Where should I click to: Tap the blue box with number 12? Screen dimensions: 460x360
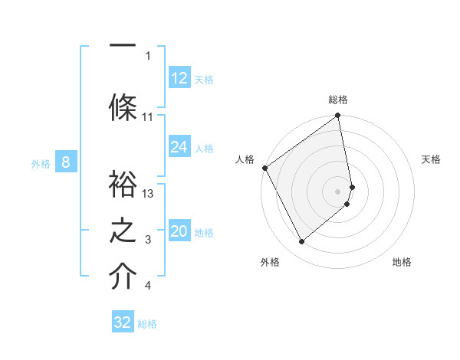pyautogui.click(x=179, y=78)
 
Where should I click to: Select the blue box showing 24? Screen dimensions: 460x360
pyautogui.click(x=179, y=147)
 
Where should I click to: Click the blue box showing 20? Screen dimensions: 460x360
pyautogui.click(x=179, y=232)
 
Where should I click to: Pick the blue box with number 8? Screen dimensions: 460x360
pyautogui.click(x=66, y=162)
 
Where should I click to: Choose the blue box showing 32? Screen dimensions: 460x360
pyautogui.click(x=123, y=322)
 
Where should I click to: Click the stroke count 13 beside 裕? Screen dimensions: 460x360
pyautogui.click(x=148, y=194)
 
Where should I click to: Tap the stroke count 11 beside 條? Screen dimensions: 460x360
pyautogui.click(x=148, y=117)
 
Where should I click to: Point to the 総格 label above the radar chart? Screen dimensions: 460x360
pyautogui.click(x=338, y=100)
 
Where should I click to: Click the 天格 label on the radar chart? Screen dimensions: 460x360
pyautogui.click(x=431, y=159)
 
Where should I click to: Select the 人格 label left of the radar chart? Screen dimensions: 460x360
pyautogui.click(x=245, y=159)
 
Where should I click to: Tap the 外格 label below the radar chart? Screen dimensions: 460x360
pyautogui.click(x=270, y=262)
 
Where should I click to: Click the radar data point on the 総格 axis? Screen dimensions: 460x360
pyautogui.click(x=338, y=116)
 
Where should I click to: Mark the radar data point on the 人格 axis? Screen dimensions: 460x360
pyautogui.click(x=264, y=168)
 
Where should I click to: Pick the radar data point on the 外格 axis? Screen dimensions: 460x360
pyautogui.click(x=301, y=242)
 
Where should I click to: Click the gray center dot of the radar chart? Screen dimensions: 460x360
pyautogui.click(x=338, y=191)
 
